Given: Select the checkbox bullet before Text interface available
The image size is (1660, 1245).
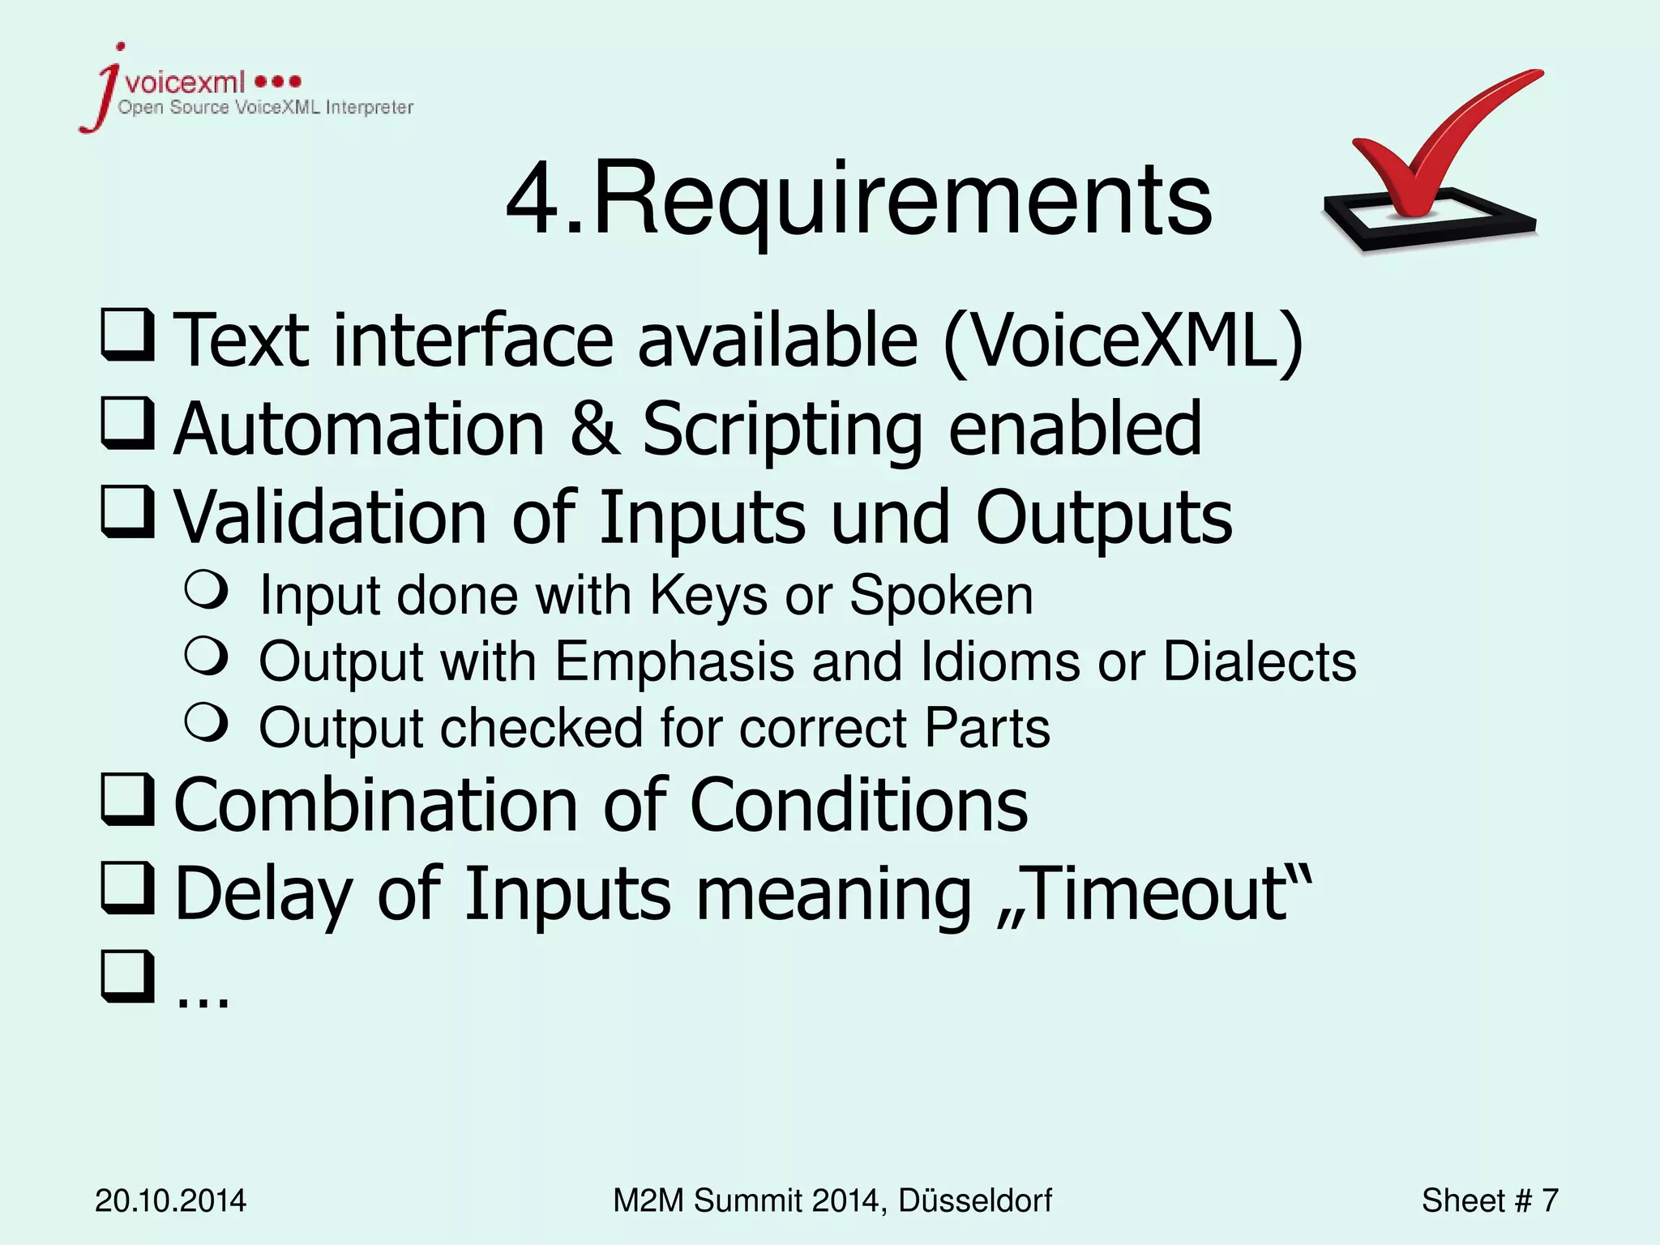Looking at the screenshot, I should pyautogui.click(x=128, y=334).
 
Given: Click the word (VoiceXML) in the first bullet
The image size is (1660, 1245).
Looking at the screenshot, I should pyautogui.click(x=1123, y=340).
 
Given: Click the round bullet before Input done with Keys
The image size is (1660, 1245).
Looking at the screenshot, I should pyautogui.click(x=206, y=589).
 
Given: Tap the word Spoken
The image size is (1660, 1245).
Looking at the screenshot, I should pyautogui.click(x=940, y=596).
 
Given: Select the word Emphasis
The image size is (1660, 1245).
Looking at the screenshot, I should pyautogui.click(x=674, y=661).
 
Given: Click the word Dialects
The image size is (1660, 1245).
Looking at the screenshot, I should pyautogui.click(x=1259, y=661).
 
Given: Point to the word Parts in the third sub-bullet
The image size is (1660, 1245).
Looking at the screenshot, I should pyautogui.click(x=986, y=728).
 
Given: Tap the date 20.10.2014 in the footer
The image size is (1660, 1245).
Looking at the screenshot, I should pyautogui.click(x=170, y=1200).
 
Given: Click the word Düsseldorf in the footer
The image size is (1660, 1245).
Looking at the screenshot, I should pyautogui.click(x=974, y=1200).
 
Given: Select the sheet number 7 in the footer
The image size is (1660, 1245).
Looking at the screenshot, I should pyautogui.click(x=1549, y=1200).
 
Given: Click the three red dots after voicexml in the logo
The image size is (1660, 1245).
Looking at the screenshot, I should pyautogui.click(x=278, y=81).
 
